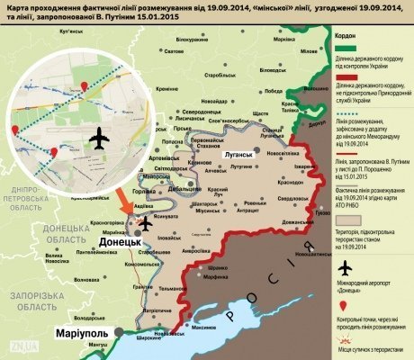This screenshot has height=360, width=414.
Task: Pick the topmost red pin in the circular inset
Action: (85, 86)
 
